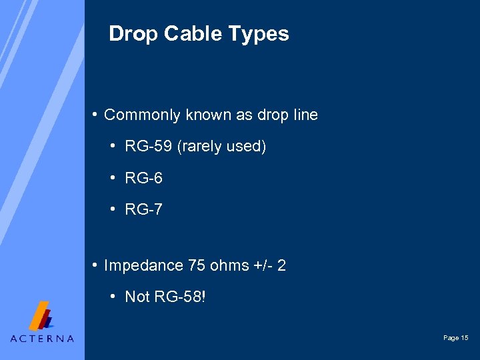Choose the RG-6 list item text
(143, 179)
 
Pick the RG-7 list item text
(143, 210)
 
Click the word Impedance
(143, 266)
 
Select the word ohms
(229, 265)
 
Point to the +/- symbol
(262, 265)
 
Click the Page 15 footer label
(456, 338)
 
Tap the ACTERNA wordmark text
(42, 338)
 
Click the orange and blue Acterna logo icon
(41, 315)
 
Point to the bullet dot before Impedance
(97, 265)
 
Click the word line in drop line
(305, 115)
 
